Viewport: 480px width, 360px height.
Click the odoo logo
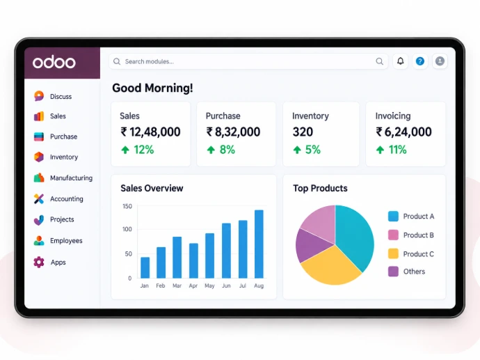tap(54, 63)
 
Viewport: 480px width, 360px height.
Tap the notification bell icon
tap(401, 61)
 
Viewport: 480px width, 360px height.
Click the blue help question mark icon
tap(420, 61)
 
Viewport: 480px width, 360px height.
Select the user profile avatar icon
tap(440, 61)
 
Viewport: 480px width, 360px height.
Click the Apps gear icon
tap(39, 263)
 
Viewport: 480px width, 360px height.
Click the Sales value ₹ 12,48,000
tap(150, 132)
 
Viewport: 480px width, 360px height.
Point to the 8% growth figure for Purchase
tap(227, 150)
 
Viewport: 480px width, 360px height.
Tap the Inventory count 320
tap(303, 132)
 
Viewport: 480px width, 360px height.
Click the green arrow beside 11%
tap(380, 150)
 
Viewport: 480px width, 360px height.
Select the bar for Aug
tap(259, 244)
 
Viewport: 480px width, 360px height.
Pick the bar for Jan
tap(145, 267)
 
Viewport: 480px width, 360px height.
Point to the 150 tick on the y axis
tap(127, 206)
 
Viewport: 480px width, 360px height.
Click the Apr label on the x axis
tap(193, 286)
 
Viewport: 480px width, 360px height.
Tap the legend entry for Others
tap(407, 272)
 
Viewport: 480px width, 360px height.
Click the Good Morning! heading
tap(152, 88)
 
